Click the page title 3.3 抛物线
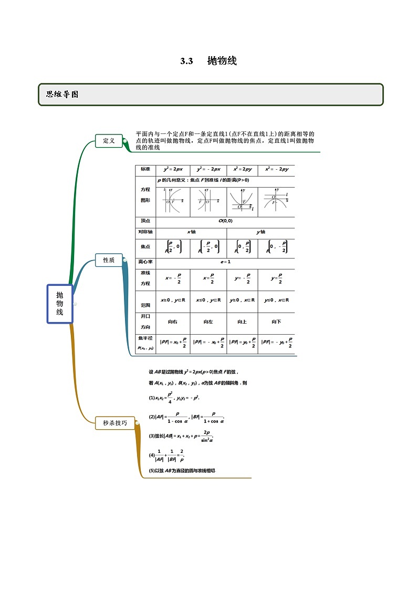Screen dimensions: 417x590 [x=208, y=61]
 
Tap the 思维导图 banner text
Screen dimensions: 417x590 [x=62, y=95]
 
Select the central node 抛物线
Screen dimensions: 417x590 [x=59, y=304]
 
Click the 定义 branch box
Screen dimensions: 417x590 [x=109, y=141]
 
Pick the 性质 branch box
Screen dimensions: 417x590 [x=109, y=260]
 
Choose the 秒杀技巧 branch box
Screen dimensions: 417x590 [x=115, y=422]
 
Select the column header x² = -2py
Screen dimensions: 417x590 [x=276, y=169]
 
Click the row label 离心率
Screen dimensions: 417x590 [x=145, y=262]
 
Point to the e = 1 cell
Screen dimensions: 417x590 [x=225, y=262]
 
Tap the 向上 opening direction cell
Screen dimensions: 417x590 [x=242, y=322]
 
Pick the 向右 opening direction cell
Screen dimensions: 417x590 [x=173, y=322]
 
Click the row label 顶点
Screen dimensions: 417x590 [x=145, y=221]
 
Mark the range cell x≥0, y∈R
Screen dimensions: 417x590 [x=173, y=300]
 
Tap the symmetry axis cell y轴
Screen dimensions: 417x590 [x=260, y=232]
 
